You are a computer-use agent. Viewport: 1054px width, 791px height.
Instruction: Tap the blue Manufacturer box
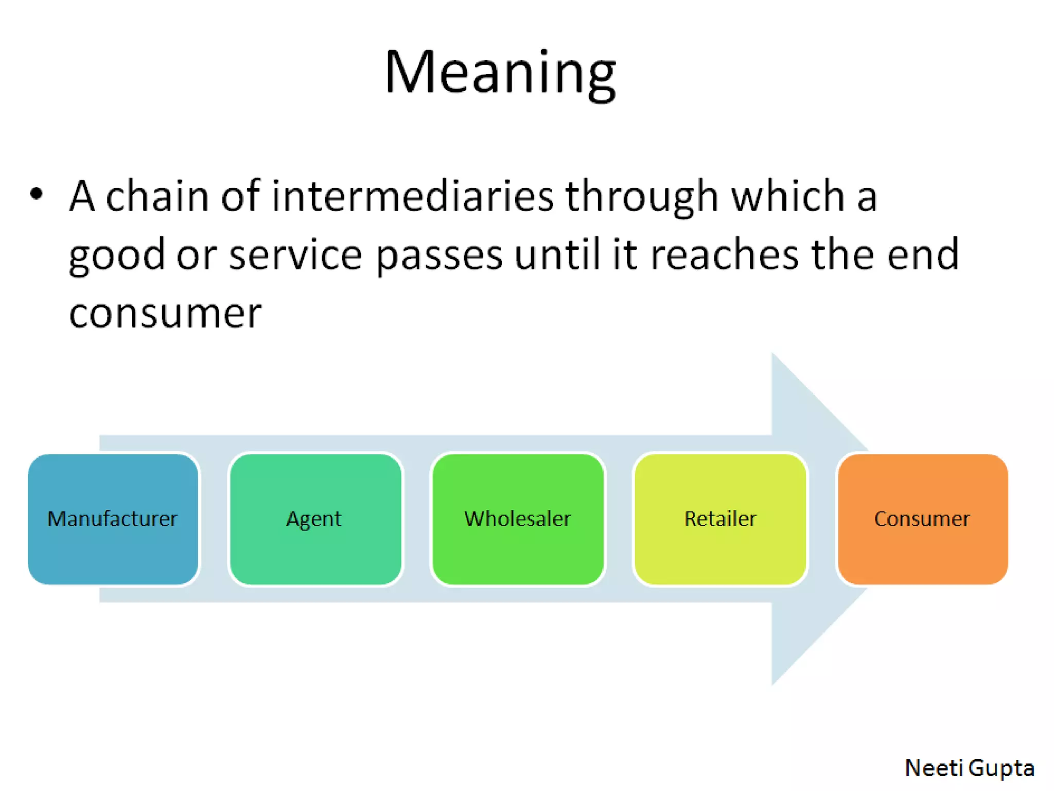point(113,519)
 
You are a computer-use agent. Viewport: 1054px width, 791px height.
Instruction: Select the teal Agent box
point(314,519)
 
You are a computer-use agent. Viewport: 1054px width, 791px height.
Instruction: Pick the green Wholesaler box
point(517,519)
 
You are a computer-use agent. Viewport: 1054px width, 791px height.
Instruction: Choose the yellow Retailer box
point(720,519)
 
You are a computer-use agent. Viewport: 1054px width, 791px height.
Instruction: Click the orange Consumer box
point(922,519)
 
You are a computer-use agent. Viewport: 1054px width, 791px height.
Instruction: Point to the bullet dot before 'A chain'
point(36,194)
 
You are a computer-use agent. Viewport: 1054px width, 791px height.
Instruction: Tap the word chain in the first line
point(157,197)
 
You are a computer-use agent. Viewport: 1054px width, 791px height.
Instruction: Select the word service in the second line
point(295,255)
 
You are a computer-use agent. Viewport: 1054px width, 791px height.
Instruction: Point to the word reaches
point(724,255)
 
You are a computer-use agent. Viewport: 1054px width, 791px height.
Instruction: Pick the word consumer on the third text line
point(165,313)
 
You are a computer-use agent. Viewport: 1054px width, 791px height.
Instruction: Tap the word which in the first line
point(788,197)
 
